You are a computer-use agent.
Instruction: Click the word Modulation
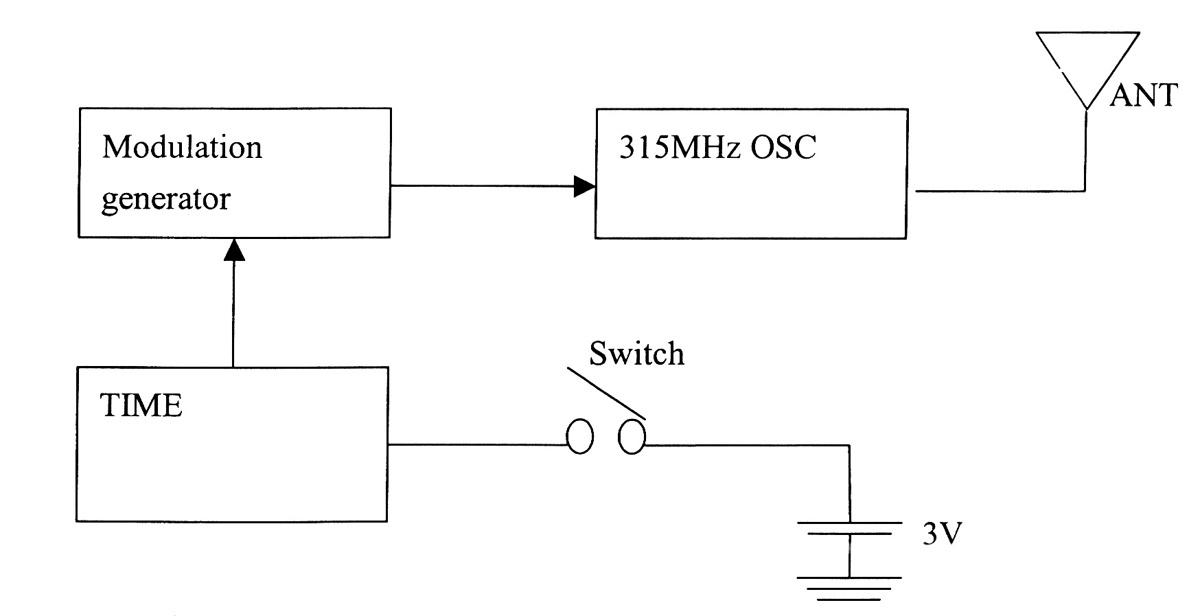pos(182,147)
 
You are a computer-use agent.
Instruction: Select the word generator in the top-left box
pos(165,199)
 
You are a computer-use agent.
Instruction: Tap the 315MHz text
pos(680,148)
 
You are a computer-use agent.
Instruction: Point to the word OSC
pos(783,148)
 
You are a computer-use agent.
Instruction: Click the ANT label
pos(1144,95)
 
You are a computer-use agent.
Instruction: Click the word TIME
pos(141,405)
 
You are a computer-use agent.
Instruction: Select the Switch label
pos(636,354)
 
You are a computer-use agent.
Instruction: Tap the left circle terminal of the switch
pos(579,437)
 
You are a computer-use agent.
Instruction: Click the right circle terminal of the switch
pos(632,437)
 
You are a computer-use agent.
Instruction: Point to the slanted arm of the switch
pos(606,393)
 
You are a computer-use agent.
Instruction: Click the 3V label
pos(942,534)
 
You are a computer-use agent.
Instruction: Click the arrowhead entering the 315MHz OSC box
pos(584,185)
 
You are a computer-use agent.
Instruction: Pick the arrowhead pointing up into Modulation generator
pos(234,249)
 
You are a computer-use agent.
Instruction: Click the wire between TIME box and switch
pos(477,444)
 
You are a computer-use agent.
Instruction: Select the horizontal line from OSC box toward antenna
pos(1000,190)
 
